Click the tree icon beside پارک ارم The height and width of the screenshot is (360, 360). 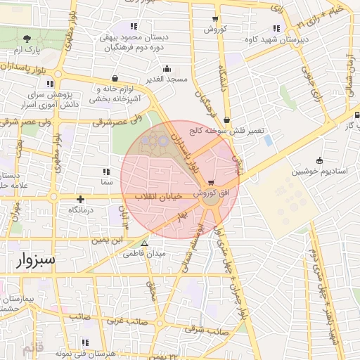click(x=27, y=38)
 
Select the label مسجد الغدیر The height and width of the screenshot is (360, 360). click(x=167, y=79)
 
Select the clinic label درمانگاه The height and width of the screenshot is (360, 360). click(x=81, y=210)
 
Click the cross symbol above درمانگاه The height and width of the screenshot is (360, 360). click(x=81, y=200)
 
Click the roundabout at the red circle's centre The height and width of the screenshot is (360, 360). click(x=210, y=201)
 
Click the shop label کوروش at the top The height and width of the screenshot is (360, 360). click(x=215, y=30)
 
